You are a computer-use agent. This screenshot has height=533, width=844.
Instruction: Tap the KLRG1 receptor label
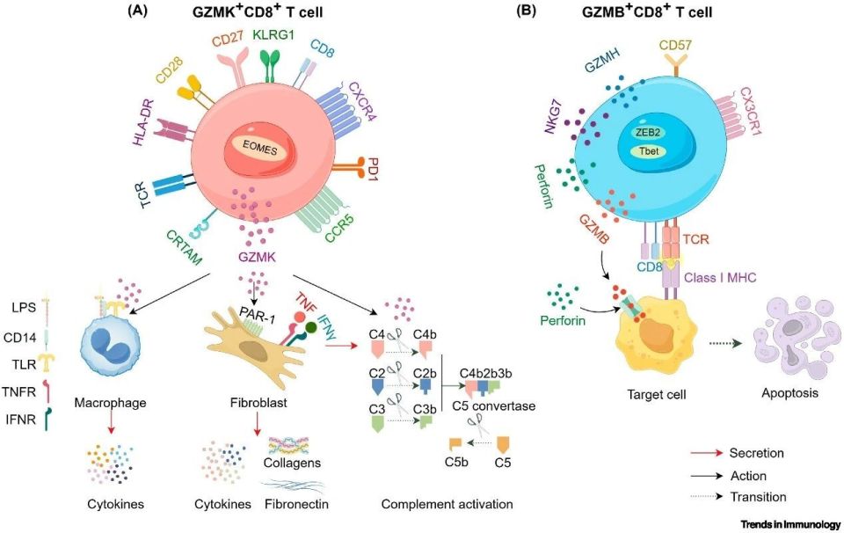tap(276, 34)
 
